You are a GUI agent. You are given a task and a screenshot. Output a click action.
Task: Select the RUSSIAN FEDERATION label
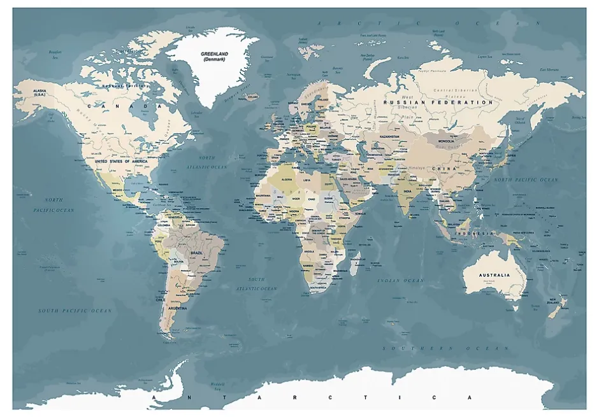pyautogui.click(x=438, y=102)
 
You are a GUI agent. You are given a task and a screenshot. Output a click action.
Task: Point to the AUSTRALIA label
pyautogui.click(x=494, y=275)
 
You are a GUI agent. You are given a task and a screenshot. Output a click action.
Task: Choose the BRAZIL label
pyautogui.click(x=197, y=253)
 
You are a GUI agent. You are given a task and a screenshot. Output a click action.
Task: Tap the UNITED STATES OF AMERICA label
pyautogui.click(x=121, y=162)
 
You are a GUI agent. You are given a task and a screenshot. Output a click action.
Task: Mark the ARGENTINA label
pyautogui.click(x=177, y=308)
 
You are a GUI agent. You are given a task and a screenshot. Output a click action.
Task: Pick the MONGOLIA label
pyautogui.click(x=446, y=141)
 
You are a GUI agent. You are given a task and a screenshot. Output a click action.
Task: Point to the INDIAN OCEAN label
pyautogui.click(x=400, y=281)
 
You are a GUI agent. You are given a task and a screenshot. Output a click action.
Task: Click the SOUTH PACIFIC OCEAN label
pyautogui.click(x=75, y=311)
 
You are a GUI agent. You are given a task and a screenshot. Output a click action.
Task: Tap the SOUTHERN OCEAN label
pyautogui.click(x=445, y=348)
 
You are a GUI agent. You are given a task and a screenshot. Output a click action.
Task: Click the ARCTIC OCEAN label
pyautogui.click(x=430, y=23)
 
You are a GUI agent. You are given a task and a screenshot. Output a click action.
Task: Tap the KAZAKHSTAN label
pyautogui.click(x=389, y=136)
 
